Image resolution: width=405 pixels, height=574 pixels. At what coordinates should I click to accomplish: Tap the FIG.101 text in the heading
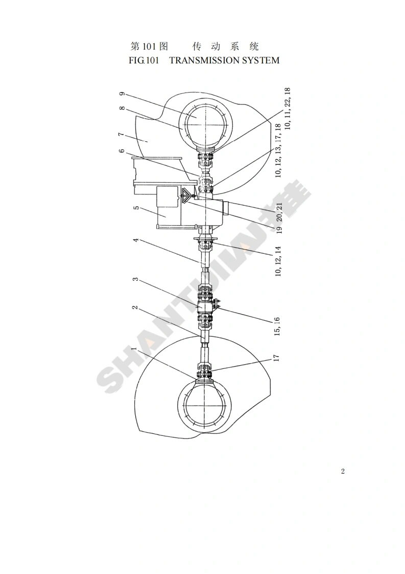tap(144, 60)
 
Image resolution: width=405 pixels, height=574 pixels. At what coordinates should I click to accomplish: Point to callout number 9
tap(123, 94)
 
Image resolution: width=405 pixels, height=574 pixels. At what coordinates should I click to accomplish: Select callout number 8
tap(123, 109)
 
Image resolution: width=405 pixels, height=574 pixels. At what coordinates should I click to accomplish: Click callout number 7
tap(122, 135)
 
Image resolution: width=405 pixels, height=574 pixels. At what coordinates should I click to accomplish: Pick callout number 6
tap(122, 151)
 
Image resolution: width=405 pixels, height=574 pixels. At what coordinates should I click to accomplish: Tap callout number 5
tap(136, 208)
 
